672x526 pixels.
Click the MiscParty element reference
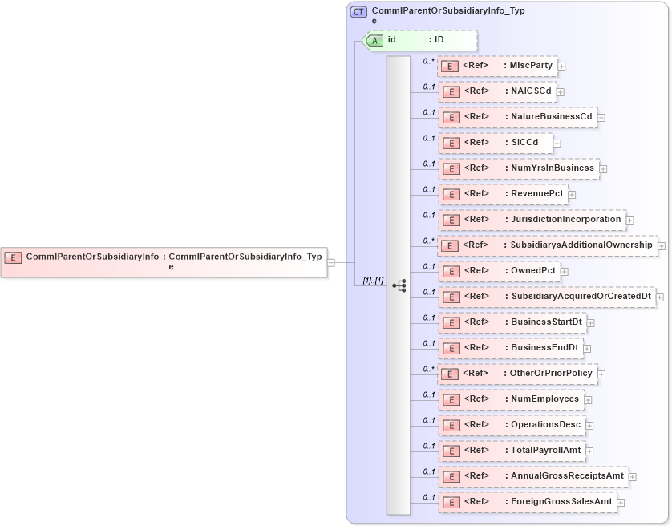click(x=497, y=66)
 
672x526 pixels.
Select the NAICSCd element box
click(x=497, y=91)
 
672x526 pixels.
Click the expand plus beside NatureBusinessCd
click(x=601, y=118)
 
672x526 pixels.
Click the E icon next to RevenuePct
click(x=451, y=194)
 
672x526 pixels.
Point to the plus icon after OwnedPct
click(x=565, y=272)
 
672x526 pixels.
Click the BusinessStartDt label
click(x=546, y=322)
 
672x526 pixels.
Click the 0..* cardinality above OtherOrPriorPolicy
click(x=428, y=369)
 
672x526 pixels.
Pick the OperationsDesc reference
click(x=512, y=425)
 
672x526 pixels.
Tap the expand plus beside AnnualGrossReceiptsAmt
click(x=633, y=477)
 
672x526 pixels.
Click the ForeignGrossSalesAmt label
click(x=562, y=502)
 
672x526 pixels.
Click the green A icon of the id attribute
click(x=374, y=40)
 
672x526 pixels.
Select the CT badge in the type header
click(x=358, y=12)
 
